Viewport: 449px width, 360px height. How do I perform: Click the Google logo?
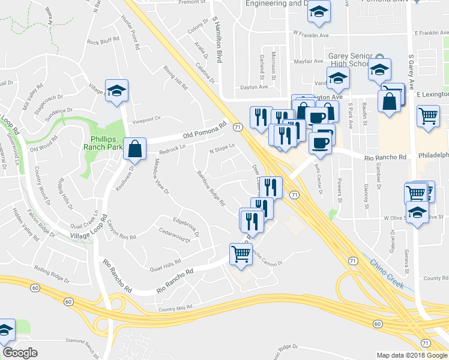[x=20, y=353]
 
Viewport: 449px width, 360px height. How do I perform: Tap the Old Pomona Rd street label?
[x=208, y=128]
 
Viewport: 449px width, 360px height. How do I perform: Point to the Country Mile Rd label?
[x=175, y=307]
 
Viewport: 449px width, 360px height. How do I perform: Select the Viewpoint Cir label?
[x=148, y=119]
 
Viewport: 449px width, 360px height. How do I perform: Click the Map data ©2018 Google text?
[x=411, y=354]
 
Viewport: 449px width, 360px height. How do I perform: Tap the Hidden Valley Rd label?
[x=26, y=221]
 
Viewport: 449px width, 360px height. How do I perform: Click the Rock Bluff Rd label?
[x=104, y=42]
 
